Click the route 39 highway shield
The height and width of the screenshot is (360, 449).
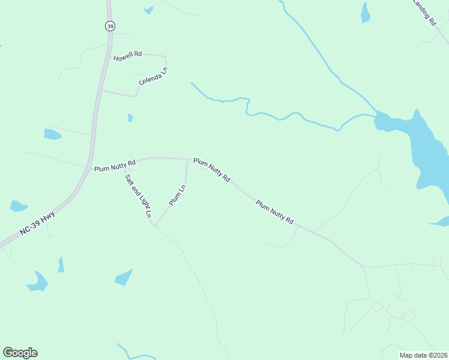pyautogui.click(x=109, y=26)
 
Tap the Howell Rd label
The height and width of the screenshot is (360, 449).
pyautogui.click(x=127, y=54)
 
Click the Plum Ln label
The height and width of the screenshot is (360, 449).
pyautogui.click(x=178, y=195)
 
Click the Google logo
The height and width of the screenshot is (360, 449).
pyautogui.click(x=20, y=353)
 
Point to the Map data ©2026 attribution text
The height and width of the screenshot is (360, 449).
pyautogui.click(x=423, y=355)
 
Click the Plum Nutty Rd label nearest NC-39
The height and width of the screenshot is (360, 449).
pyautogui.click(x=115, y=164)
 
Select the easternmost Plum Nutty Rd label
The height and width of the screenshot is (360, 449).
pyautogui.click(x=274, y=212)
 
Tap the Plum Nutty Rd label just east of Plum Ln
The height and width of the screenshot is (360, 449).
pyautogui.click(x=212, y=170)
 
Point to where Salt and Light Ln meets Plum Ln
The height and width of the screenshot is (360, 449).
pyautogui.click(x=154, y=225)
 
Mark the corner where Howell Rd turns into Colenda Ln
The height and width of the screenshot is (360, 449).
pyautogui.click(x=165, y=57)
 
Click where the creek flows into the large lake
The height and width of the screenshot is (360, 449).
pyautogui.click(x=376, y=113)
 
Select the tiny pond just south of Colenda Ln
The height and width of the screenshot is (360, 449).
pyautogui.click(x=130, y=118)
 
